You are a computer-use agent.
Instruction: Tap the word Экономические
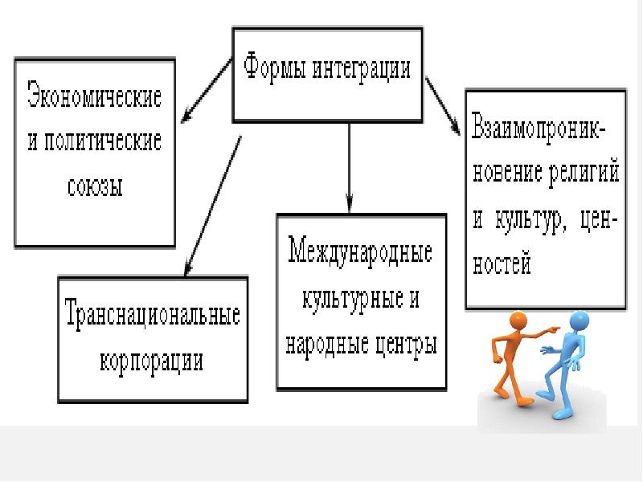pos(95,97)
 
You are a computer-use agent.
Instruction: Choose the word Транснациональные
pos(153,313)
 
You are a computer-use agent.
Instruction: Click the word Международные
pos(360,253)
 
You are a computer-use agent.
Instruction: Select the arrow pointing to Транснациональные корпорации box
pos(212,205)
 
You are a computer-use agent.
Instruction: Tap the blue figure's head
pos(580,320)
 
